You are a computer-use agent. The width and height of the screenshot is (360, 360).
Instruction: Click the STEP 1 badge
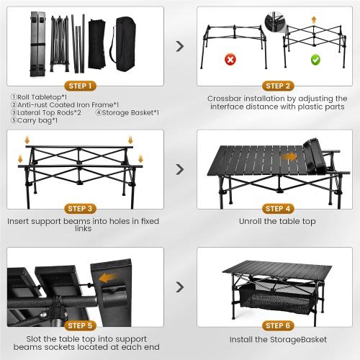[x=85, y=86]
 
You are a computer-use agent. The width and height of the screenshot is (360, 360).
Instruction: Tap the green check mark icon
[x=314, y=60]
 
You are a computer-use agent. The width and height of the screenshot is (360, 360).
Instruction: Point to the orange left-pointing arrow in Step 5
[x=108, y=277]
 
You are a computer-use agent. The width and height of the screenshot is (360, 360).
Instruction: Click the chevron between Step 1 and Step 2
[x=179, y=47]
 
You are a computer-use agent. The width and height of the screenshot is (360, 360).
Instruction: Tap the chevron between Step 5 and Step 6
[x=179, y=287]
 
